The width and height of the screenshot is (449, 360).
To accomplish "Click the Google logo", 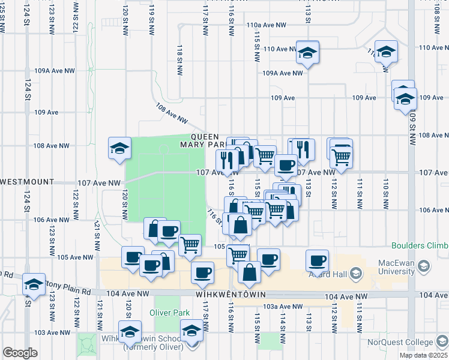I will click(x=20, y=353).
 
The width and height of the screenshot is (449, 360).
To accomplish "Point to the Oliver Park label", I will click(x=169, y=313).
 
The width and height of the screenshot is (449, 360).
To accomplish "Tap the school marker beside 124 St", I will click(x=34, y=284).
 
